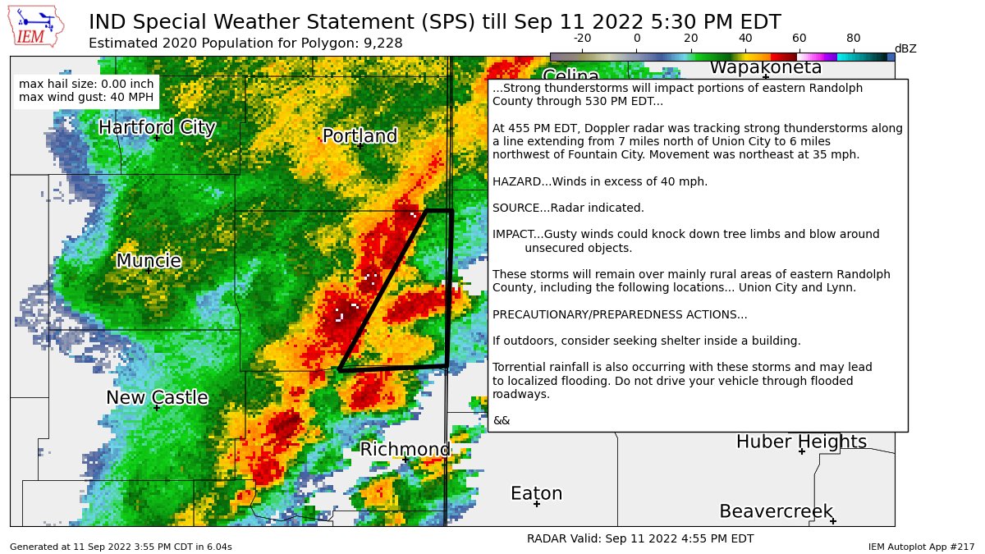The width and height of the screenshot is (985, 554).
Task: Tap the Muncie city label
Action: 149,261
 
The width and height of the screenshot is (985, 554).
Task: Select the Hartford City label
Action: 157,127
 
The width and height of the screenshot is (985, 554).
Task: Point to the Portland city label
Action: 360,135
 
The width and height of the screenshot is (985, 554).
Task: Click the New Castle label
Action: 157,397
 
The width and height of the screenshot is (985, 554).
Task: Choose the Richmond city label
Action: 405,449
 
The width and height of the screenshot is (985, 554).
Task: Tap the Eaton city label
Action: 536,493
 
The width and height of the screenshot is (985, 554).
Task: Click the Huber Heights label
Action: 801,442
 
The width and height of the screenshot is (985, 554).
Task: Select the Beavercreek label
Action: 777,511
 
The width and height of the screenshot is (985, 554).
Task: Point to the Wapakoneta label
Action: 765,68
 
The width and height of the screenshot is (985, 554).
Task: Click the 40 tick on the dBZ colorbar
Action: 745,38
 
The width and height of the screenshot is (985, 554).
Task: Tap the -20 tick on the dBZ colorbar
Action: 582,38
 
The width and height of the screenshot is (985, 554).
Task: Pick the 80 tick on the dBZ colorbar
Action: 854,38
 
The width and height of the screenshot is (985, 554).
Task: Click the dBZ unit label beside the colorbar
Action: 905,48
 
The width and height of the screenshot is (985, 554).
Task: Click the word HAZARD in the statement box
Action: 515,181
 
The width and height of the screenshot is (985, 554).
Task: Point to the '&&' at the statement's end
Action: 501,420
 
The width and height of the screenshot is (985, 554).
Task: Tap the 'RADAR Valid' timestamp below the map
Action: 639,538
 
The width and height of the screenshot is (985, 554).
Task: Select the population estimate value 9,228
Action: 382,43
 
